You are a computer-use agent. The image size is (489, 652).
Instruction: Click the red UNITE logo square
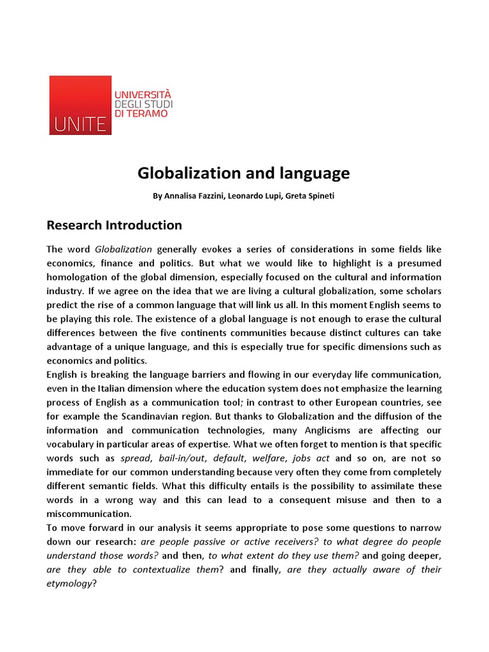coord(80,105)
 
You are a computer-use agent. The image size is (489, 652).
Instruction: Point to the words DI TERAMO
coord(141,113)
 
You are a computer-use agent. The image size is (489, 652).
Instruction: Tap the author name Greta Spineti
coord(310,196)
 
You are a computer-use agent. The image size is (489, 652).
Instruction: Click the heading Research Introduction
coord(114,225)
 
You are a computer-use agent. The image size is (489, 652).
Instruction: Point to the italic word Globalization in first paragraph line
coord(124,249)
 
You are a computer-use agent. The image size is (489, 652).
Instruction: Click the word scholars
coord(420,291)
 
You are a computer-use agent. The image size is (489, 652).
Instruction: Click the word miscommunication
coord(89,514)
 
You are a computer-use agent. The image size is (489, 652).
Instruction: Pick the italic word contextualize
coord(167,570)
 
